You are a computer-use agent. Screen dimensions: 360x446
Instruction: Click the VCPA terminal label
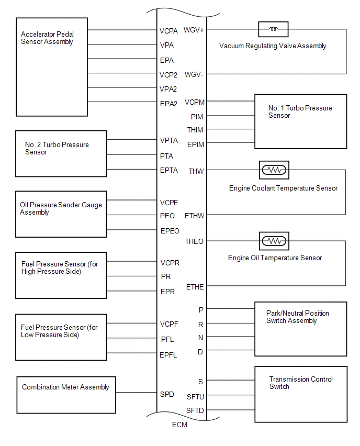pyautogui.click(x=168, y=31)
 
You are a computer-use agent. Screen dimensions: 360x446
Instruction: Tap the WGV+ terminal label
pyautogui.click(x=194, y=30)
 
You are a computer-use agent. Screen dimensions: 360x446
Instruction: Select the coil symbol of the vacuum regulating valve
pyautogui.click(x=273, y=29)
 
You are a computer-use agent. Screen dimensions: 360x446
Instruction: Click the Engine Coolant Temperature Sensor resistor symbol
pyautogui.click(x=274, y=170)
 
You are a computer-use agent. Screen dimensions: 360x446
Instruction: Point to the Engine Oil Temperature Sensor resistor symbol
pyautogui.click(x=274, y=241)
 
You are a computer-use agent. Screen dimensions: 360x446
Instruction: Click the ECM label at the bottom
pyautogui.click(x=179, y=425)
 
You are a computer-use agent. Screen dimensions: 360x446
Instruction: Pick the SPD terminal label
pyautogui.click(x=167, y=394)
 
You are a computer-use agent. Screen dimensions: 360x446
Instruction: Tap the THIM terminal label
pyautogui.click(x=195, y=130)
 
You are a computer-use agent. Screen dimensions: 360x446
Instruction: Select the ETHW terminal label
pyautogui.click(x=195, y=216)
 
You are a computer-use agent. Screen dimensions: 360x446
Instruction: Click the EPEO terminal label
pyautogui.click(x=170, y=231)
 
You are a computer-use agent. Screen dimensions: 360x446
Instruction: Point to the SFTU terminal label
pyautogui.click(x=195, y=397)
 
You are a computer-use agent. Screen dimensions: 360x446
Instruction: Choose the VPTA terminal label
pyautogui.click(x=169, y=140)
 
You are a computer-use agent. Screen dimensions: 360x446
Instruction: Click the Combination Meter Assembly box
pyautogui.click(x=66, y=395)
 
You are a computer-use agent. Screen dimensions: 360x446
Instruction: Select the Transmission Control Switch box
pyautogui.click(x=301, y=394)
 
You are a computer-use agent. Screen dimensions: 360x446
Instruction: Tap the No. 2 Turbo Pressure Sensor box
pyautogui.click(x=61, y=153)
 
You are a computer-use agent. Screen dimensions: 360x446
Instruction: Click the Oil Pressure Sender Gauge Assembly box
pyautogui.click(x=61, y=214)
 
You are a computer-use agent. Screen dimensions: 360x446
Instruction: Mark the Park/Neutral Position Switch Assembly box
pyautogui.click(x=300, y=329)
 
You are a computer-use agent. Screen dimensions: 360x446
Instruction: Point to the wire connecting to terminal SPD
pyautogui.click(x=136, y=393)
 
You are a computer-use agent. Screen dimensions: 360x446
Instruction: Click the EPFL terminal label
pyautogui.click(x=168, y=355)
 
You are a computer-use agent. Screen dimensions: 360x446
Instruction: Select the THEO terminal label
pyautogui.click(x=194, y=241)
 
